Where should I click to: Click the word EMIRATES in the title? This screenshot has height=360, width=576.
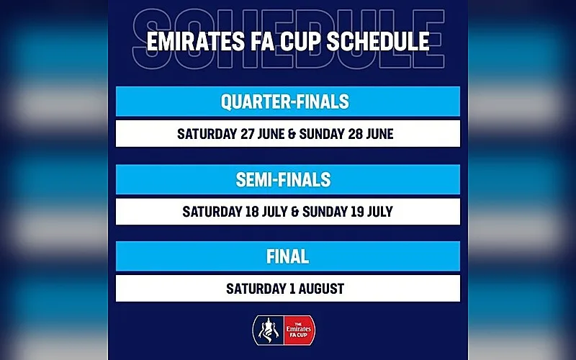coord(195,41)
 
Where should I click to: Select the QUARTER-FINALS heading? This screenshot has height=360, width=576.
coord(284,102)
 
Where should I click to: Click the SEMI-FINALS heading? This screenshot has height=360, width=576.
coord(283,179)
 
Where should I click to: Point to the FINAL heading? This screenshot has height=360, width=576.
coord(287,257)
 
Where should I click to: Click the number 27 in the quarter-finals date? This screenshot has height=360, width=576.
coord(247,134)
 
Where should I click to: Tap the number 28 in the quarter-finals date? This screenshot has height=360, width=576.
coord(355,134)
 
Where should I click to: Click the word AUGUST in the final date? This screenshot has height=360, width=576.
coord(321,289)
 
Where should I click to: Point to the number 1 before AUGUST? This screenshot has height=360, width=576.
coord(292,289)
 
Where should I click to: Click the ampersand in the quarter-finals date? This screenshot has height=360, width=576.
coord(292,134)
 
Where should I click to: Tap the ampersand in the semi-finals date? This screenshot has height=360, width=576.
coord(294,212)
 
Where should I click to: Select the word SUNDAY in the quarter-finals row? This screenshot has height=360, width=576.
coord(322,134)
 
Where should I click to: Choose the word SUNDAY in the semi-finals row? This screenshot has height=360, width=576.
coord(325,212)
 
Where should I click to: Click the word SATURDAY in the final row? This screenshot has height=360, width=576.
coord(256,289)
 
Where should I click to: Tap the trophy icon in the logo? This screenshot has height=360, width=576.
coord(268,330)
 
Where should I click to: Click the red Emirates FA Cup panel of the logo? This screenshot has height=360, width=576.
coord(299,330)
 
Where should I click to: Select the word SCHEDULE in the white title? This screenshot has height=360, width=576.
coord(378,41)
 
